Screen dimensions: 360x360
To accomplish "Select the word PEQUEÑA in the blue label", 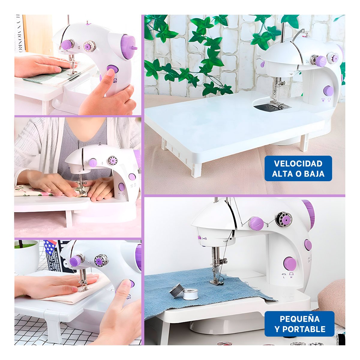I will point(299,319).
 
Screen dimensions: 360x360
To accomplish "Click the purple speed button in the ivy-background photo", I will point(328,91).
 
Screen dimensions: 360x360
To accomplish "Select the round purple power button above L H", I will point(290,263).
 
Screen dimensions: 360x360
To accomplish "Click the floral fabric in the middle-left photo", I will point(33,191).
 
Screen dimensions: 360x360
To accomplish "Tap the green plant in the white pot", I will point(25,245).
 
